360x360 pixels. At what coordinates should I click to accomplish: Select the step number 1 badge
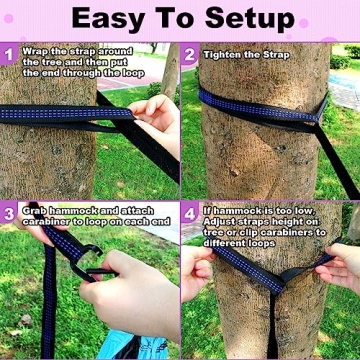(x=10, y=52)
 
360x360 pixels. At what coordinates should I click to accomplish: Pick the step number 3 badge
(x=10, y=213)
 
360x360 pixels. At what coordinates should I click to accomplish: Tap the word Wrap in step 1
(x=35, y=50)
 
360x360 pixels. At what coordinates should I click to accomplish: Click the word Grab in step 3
(x=35, y=211)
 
